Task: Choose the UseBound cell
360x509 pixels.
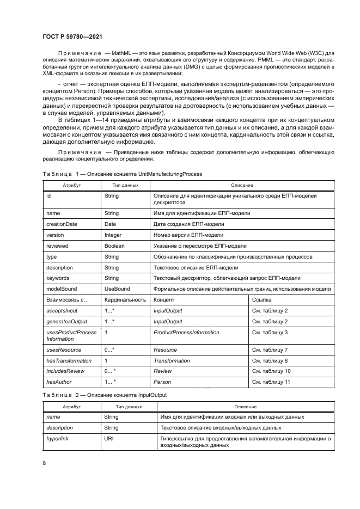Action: coord(117,289)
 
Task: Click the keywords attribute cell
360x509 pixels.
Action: coord(58,278)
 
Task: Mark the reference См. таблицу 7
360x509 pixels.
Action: coord(271,350)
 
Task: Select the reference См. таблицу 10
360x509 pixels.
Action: coord(272,371)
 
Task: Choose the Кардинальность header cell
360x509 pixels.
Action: coord(125,300)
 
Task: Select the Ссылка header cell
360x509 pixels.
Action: coord(261,300)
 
